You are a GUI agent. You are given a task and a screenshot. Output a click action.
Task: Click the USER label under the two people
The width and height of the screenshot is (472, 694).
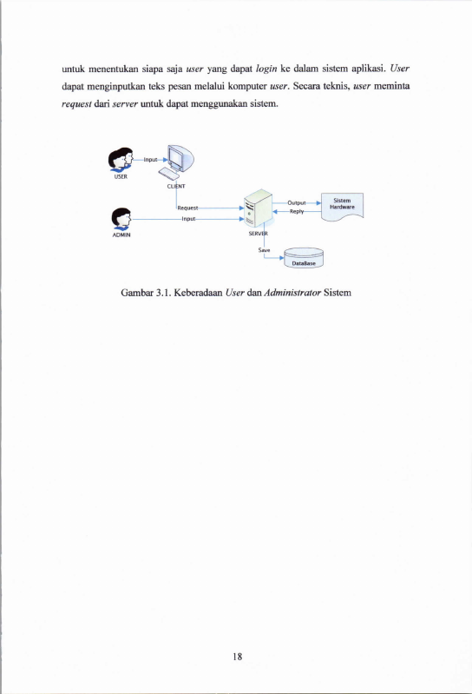point(121,176)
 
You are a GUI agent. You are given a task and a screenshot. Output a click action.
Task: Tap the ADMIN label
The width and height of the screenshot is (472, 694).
point(121,235)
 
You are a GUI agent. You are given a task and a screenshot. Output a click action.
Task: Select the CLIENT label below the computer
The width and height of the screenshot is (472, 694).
point(176,187)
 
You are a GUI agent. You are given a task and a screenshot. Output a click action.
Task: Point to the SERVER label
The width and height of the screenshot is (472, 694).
point(258,234)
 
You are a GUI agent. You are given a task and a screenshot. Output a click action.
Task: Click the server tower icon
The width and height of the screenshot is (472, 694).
point(258,208)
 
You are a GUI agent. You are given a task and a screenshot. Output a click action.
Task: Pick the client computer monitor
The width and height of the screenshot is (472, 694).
point(180,158)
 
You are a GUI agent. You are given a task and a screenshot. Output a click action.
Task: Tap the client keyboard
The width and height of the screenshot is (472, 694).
point(169,174)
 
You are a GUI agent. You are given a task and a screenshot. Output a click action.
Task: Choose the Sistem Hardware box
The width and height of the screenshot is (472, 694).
point(342,206)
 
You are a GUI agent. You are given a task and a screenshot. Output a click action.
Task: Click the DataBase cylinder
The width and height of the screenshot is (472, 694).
point(304,258)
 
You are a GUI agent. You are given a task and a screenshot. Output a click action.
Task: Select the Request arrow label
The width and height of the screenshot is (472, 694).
point(187,208)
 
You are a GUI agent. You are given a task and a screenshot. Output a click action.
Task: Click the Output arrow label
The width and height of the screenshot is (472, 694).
point(297,202)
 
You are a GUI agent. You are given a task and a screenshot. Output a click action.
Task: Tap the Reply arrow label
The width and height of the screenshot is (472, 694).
point(297,212)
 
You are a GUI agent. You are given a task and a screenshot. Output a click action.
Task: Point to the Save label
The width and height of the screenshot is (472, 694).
point(264,250)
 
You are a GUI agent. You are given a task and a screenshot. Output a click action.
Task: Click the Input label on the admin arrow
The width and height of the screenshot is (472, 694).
point(188,219)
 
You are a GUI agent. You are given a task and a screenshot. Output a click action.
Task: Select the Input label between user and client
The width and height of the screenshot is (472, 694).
point(151,159)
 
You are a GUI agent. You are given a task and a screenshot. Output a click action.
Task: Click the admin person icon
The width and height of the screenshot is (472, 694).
point(121,219)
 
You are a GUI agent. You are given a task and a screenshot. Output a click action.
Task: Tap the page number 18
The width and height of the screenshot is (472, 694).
point(238,657)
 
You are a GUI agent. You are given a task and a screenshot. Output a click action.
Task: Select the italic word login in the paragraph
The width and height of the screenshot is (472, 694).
point(266,69)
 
